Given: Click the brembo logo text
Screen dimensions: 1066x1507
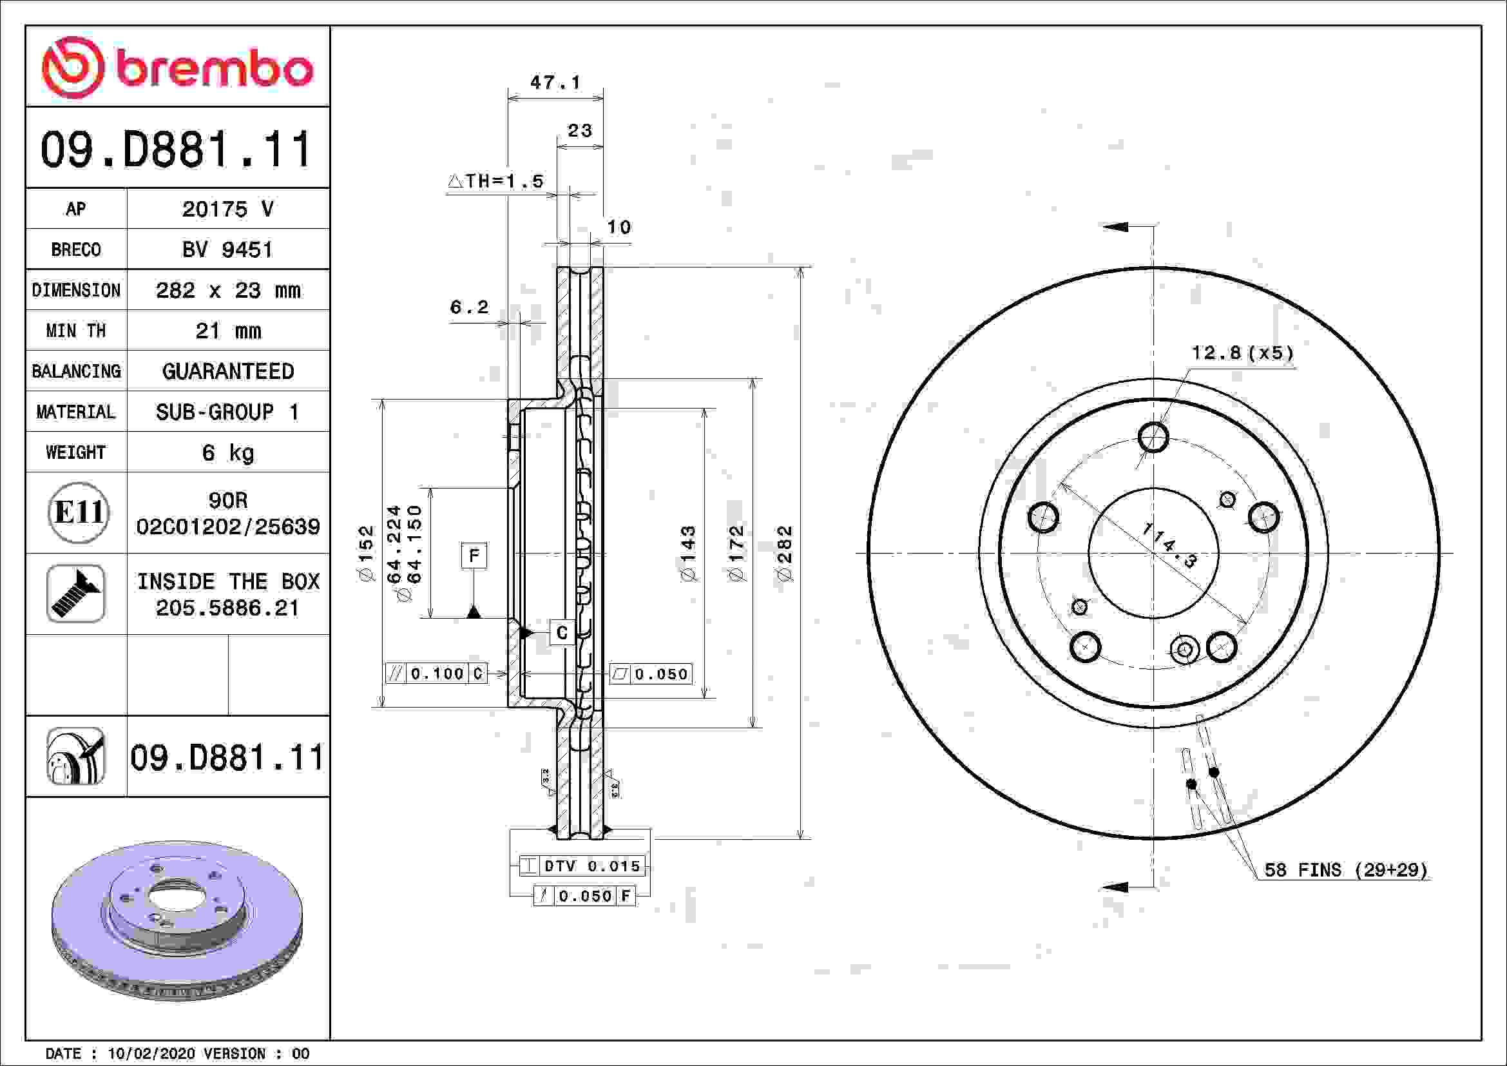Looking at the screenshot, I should [213, 69].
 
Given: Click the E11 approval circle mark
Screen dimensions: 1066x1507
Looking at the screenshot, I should [78, 512].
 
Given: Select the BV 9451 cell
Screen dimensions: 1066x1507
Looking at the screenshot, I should [227, 249].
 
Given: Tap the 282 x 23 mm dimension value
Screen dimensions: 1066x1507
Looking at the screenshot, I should [227, 290].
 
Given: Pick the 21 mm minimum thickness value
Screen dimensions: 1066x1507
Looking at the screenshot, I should [227, 331].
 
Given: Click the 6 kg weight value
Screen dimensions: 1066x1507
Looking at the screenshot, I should [227, 452].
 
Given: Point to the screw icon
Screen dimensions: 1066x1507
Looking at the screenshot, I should [76, 594].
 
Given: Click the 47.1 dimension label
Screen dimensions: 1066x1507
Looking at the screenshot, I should [555, 82].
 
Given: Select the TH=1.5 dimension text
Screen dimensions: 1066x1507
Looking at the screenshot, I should [497, 181].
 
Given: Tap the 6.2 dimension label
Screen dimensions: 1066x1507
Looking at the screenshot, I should [468, 307].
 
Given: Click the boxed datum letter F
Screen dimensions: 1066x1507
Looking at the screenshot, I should [474, 556].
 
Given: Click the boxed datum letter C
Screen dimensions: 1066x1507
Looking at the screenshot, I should [562, 633].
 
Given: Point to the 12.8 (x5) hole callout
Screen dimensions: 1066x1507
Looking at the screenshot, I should [1242, 353].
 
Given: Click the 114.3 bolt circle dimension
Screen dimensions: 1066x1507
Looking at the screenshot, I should [1169, 545].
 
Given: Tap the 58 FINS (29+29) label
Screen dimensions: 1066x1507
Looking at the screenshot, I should [1345, 870].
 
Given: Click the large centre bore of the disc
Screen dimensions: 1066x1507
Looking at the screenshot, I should [1153, 553].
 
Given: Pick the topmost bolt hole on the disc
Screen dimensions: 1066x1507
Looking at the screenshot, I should [1153, 437].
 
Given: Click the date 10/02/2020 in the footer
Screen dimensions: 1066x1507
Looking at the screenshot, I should [151, 1054].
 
